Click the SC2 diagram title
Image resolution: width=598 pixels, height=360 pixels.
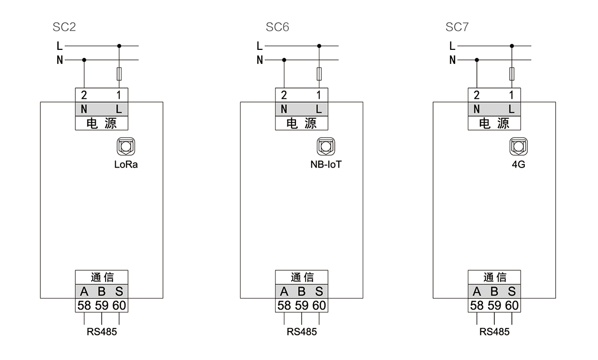[x=64, y=27]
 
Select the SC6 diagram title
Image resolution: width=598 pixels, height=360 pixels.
[x=277, y=27]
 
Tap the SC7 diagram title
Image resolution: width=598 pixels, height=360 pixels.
[x=457, y=27]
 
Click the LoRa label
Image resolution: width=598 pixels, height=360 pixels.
[x=126, y=165]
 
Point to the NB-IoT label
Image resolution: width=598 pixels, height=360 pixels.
[x=326, y=165]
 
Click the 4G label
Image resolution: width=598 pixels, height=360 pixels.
[x=518, y=165]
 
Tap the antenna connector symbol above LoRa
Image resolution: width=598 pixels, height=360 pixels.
[x=126, y=147]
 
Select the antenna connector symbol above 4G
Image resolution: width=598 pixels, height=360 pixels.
[x=518, y=147]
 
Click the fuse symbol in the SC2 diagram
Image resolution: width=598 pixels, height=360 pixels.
[x=119, y=74]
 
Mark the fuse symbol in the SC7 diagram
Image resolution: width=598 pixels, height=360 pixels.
[x=512, y=74]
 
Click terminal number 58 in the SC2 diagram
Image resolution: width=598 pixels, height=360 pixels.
[x=84, y=305]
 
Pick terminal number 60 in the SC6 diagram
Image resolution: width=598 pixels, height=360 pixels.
[x=319, y=305]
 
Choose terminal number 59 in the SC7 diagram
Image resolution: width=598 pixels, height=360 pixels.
[x=494, y=305]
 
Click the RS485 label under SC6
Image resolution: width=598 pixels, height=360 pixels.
[x=301, y=332]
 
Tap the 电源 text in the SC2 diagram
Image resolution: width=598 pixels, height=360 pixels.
[x=102, y=123]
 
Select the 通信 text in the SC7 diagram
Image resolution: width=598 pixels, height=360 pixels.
[x=494, y=277]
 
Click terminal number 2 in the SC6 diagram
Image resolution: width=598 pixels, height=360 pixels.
[x=284, y=95]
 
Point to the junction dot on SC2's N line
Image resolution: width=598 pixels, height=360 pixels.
[x=84, y=60]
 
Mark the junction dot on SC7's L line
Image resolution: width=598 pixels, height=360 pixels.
[x=512, y=46]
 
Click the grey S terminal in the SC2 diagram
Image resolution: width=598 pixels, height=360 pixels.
[x=119, y=292]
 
